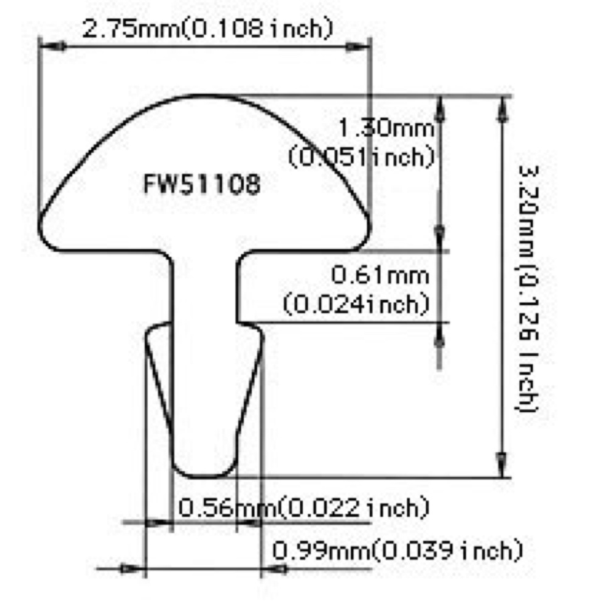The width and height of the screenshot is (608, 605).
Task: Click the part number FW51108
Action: pyautogui.click(x=202, y=184)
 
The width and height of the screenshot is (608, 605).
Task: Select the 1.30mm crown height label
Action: pyautogui.click(x=385, y=128)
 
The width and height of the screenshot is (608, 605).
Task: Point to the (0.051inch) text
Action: pyautogui.click(x=361, y=157)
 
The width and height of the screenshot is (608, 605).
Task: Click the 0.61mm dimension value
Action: pyautogui.click(x=380, y=275)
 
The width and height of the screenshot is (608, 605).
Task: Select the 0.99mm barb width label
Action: pyautogui.click(x=321, y=551)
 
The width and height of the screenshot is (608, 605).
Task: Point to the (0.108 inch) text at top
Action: pyautogui.click(x=258, y=29)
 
